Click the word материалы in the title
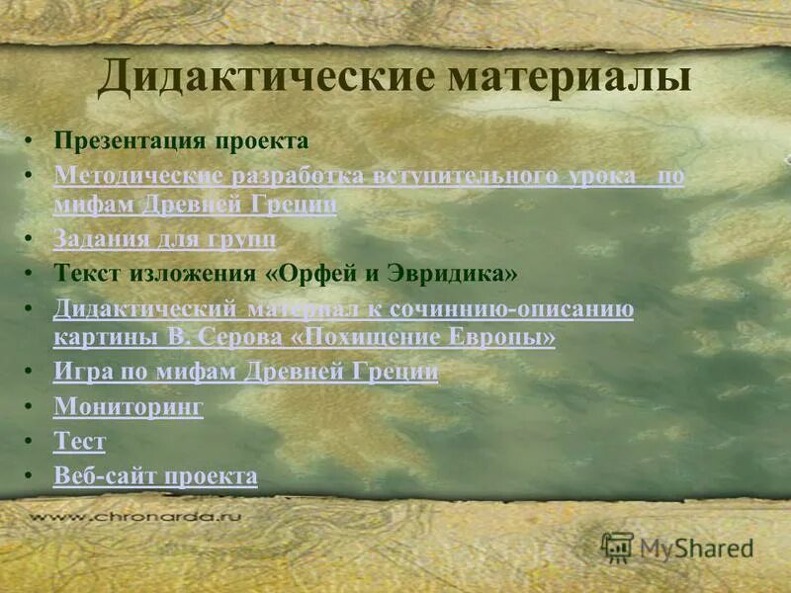point(568,76)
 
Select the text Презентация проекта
point(181,140)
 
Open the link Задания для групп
point(164,238)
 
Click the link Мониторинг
point(129,405)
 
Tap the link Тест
point(79,441)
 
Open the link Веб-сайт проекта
point(155,475)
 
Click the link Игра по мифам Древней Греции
point(245,372)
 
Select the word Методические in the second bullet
point(138,176)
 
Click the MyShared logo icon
point(618,547)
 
